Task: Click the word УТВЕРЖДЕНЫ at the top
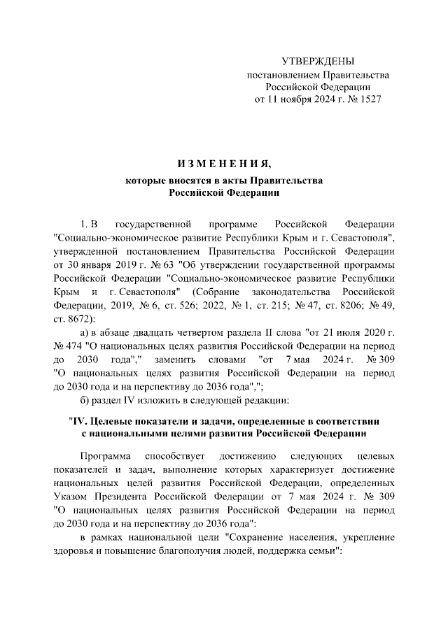point(317,62)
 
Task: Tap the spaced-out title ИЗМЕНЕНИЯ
point(223,165)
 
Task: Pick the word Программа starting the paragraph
point(105,455)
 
